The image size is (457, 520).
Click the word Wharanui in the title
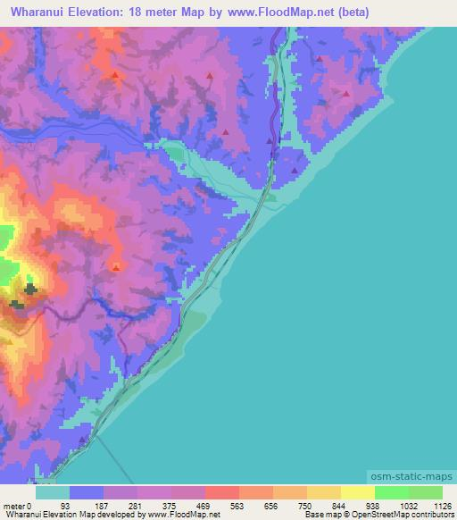pyautogui.click(x=42, y=13)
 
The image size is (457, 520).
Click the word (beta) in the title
pyautogui.click(x=348, y=13)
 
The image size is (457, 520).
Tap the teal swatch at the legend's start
pyautogui.click(x=53, y=492)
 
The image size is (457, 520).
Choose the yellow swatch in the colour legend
pyautogui.click(x=358, y=492)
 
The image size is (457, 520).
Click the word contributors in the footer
pyautogui.click(x=433, y=515)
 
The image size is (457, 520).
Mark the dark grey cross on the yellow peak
pyautogui.click(x=30, y=289)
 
